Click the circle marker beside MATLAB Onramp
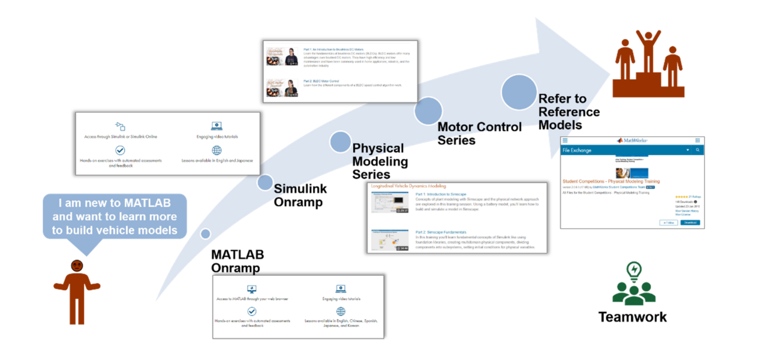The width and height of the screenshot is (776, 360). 206,234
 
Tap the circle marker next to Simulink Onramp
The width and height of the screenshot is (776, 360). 265,182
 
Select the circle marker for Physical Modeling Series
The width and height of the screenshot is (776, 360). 340,142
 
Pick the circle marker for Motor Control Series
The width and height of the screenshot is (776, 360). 428,111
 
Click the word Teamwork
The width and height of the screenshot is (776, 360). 632,317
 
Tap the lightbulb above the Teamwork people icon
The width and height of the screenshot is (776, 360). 633,271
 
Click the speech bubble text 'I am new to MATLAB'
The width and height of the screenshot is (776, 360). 115,203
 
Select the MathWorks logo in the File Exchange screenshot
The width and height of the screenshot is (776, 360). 631,140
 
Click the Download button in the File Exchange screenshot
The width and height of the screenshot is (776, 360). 690,223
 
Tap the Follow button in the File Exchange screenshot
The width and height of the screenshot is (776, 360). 668,223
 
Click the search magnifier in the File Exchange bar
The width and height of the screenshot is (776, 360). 697,150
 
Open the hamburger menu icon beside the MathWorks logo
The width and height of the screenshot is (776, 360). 565,140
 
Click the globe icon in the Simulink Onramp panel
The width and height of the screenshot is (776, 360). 216,150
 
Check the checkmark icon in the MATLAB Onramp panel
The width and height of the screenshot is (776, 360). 252,311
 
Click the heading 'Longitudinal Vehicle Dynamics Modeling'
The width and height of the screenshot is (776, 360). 408,187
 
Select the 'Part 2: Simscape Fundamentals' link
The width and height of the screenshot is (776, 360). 441,232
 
